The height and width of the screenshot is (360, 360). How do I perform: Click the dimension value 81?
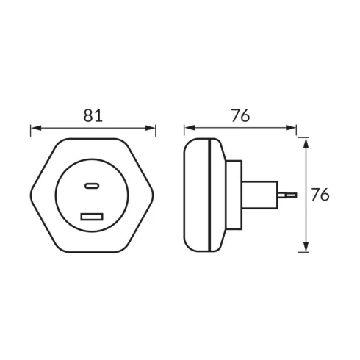pos(93,115)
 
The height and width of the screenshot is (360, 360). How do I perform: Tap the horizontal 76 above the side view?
pos(240,115)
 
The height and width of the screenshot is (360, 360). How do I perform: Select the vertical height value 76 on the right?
pos(320,195)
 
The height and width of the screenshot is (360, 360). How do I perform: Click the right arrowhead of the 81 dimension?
pos(150,128)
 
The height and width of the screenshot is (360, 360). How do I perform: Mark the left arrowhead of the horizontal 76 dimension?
pos(190,128)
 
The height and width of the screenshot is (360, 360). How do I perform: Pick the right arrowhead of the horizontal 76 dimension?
pos(291,128)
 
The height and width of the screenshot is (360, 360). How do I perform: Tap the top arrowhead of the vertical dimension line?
pos(306,143)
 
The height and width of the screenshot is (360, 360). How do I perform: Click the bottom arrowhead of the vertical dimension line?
pos(306,246)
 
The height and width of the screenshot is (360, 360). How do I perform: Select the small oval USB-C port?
pos(92,186)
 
